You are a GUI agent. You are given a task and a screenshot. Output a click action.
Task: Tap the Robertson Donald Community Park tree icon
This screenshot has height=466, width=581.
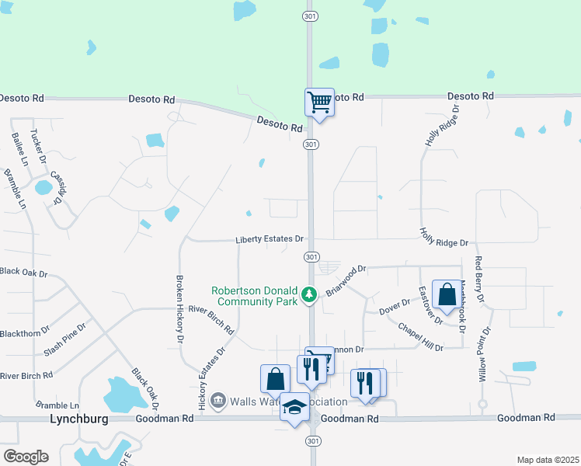tap(309, 294)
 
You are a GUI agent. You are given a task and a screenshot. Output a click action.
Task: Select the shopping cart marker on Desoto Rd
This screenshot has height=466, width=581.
tap(318, 103)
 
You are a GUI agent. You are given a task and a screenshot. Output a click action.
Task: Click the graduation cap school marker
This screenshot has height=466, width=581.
tap(294, 408)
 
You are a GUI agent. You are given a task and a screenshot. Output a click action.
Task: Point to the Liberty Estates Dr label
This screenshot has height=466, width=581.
tap(269, 239)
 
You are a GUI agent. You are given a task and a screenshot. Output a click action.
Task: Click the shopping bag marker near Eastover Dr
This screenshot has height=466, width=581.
tap(447, 294)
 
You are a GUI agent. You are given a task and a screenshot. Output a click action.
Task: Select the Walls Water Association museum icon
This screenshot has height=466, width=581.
tap(218, 401)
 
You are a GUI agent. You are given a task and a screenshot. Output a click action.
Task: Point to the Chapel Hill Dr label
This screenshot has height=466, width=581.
tap(420, 336)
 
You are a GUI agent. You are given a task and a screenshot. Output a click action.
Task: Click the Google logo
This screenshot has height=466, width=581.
tap(26, 456)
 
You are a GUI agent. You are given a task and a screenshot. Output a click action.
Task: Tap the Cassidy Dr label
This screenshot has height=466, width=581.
tap(57, 188)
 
